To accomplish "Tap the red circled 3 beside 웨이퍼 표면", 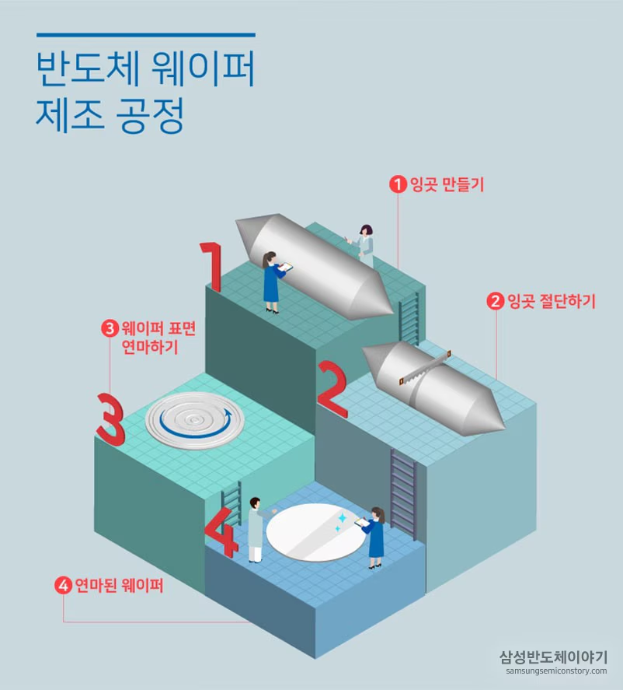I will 110,328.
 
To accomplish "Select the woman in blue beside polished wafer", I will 376,538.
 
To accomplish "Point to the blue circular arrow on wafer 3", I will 194,421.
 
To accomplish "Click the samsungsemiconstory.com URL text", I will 555,671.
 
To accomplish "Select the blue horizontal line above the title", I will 145,35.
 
